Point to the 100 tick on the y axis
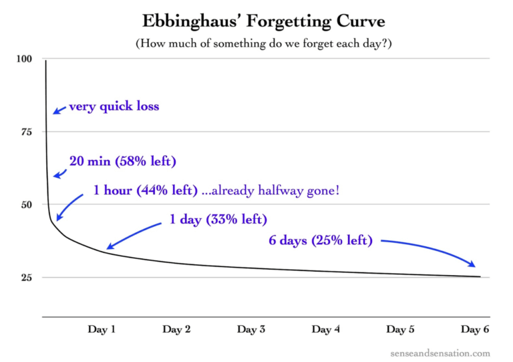24,59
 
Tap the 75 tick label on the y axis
25,132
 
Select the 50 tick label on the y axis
25,204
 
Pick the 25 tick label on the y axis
25,277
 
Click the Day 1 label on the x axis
102,329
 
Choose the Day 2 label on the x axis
177,329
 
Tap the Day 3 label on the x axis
252,329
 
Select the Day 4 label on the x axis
326,329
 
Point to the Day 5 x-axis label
401,329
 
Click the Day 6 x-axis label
475,329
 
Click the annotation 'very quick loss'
114,106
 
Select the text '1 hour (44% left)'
145,190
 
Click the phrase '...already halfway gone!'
271,190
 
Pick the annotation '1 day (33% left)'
217,219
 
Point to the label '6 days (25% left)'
320,240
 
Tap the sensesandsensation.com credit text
442,353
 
